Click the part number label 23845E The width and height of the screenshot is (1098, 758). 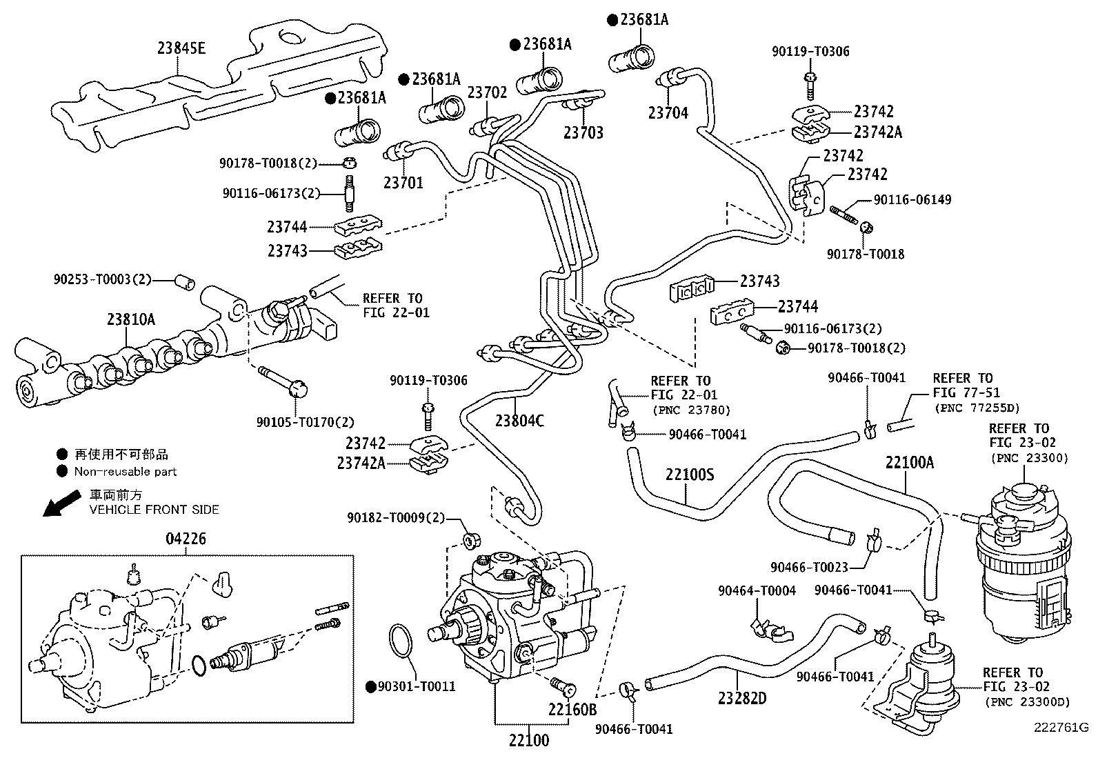(181, 48)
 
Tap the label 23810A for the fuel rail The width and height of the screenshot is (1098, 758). (131, 319)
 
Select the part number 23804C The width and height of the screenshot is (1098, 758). (519, 419)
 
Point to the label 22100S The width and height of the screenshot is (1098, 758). (690, 475)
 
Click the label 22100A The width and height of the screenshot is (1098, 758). (910, 462)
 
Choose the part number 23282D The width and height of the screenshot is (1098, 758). (742, 698)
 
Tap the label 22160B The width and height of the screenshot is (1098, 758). (572, 708)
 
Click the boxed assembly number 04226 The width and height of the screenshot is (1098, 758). (186, 538)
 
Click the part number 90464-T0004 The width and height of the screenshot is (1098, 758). (757, 590)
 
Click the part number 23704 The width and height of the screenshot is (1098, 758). (668, 112)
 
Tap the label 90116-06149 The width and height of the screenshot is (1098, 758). (912, 200)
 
